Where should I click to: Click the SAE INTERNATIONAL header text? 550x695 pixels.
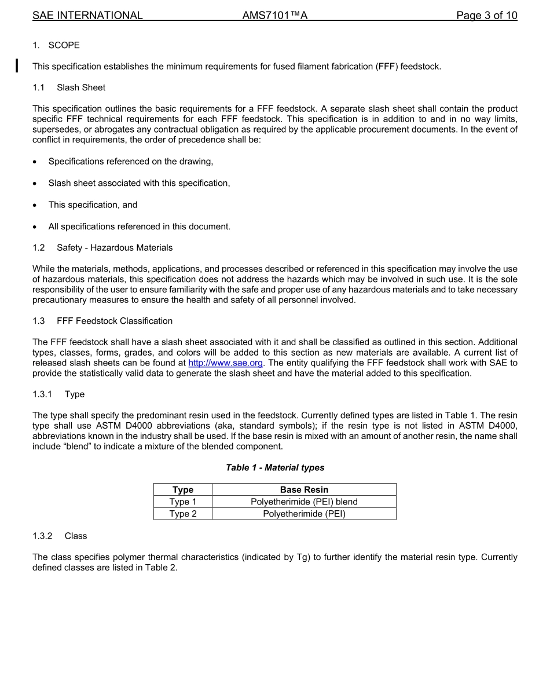click(x=87, y=16)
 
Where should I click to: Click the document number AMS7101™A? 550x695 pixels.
click(x=274, y=16)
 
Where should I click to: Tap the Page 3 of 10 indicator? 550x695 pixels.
click(x=486, y=16)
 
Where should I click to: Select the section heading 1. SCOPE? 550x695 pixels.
click(x=56, y=45)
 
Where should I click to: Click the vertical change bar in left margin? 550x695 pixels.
click(x=17, y=65)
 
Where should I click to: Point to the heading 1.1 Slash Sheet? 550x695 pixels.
click(x=69, y=87)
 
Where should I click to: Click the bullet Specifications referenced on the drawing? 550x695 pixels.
click(x=130, y=161)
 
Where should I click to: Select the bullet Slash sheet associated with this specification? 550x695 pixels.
click(x=139, y=183)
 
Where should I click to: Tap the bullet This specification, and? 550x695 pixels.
click(x=93, y=205)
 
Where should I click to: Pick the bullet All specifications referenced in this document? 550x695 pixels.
click(x=139, y=226)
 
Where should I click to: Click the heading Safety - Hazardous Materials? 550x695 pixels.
click(x=115, y=248)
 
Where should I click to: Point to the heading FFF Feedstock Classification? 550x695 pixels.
click(x=115, y=321)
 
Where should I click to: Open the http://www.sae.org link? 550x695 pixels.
click(x=226, y=363)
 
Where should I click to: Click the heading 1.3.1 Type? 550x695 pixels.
click(x=58, y=394)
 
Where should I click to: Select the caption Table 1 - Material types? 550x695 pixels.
click(x=275, y=467)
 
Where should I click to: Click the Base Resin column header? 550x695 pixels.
click(x=304, y=490)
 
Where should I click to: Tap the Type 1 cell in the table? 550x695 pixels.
click(x=183, y=502)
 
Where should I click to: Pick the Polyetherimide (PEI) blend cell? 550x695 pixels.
click(x=304, y=502)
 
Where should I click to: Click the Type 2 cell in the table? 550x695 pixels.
click(x=183, y=514)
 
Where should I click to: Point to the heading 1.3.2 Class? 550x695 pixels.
click(x=60, y=536)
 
